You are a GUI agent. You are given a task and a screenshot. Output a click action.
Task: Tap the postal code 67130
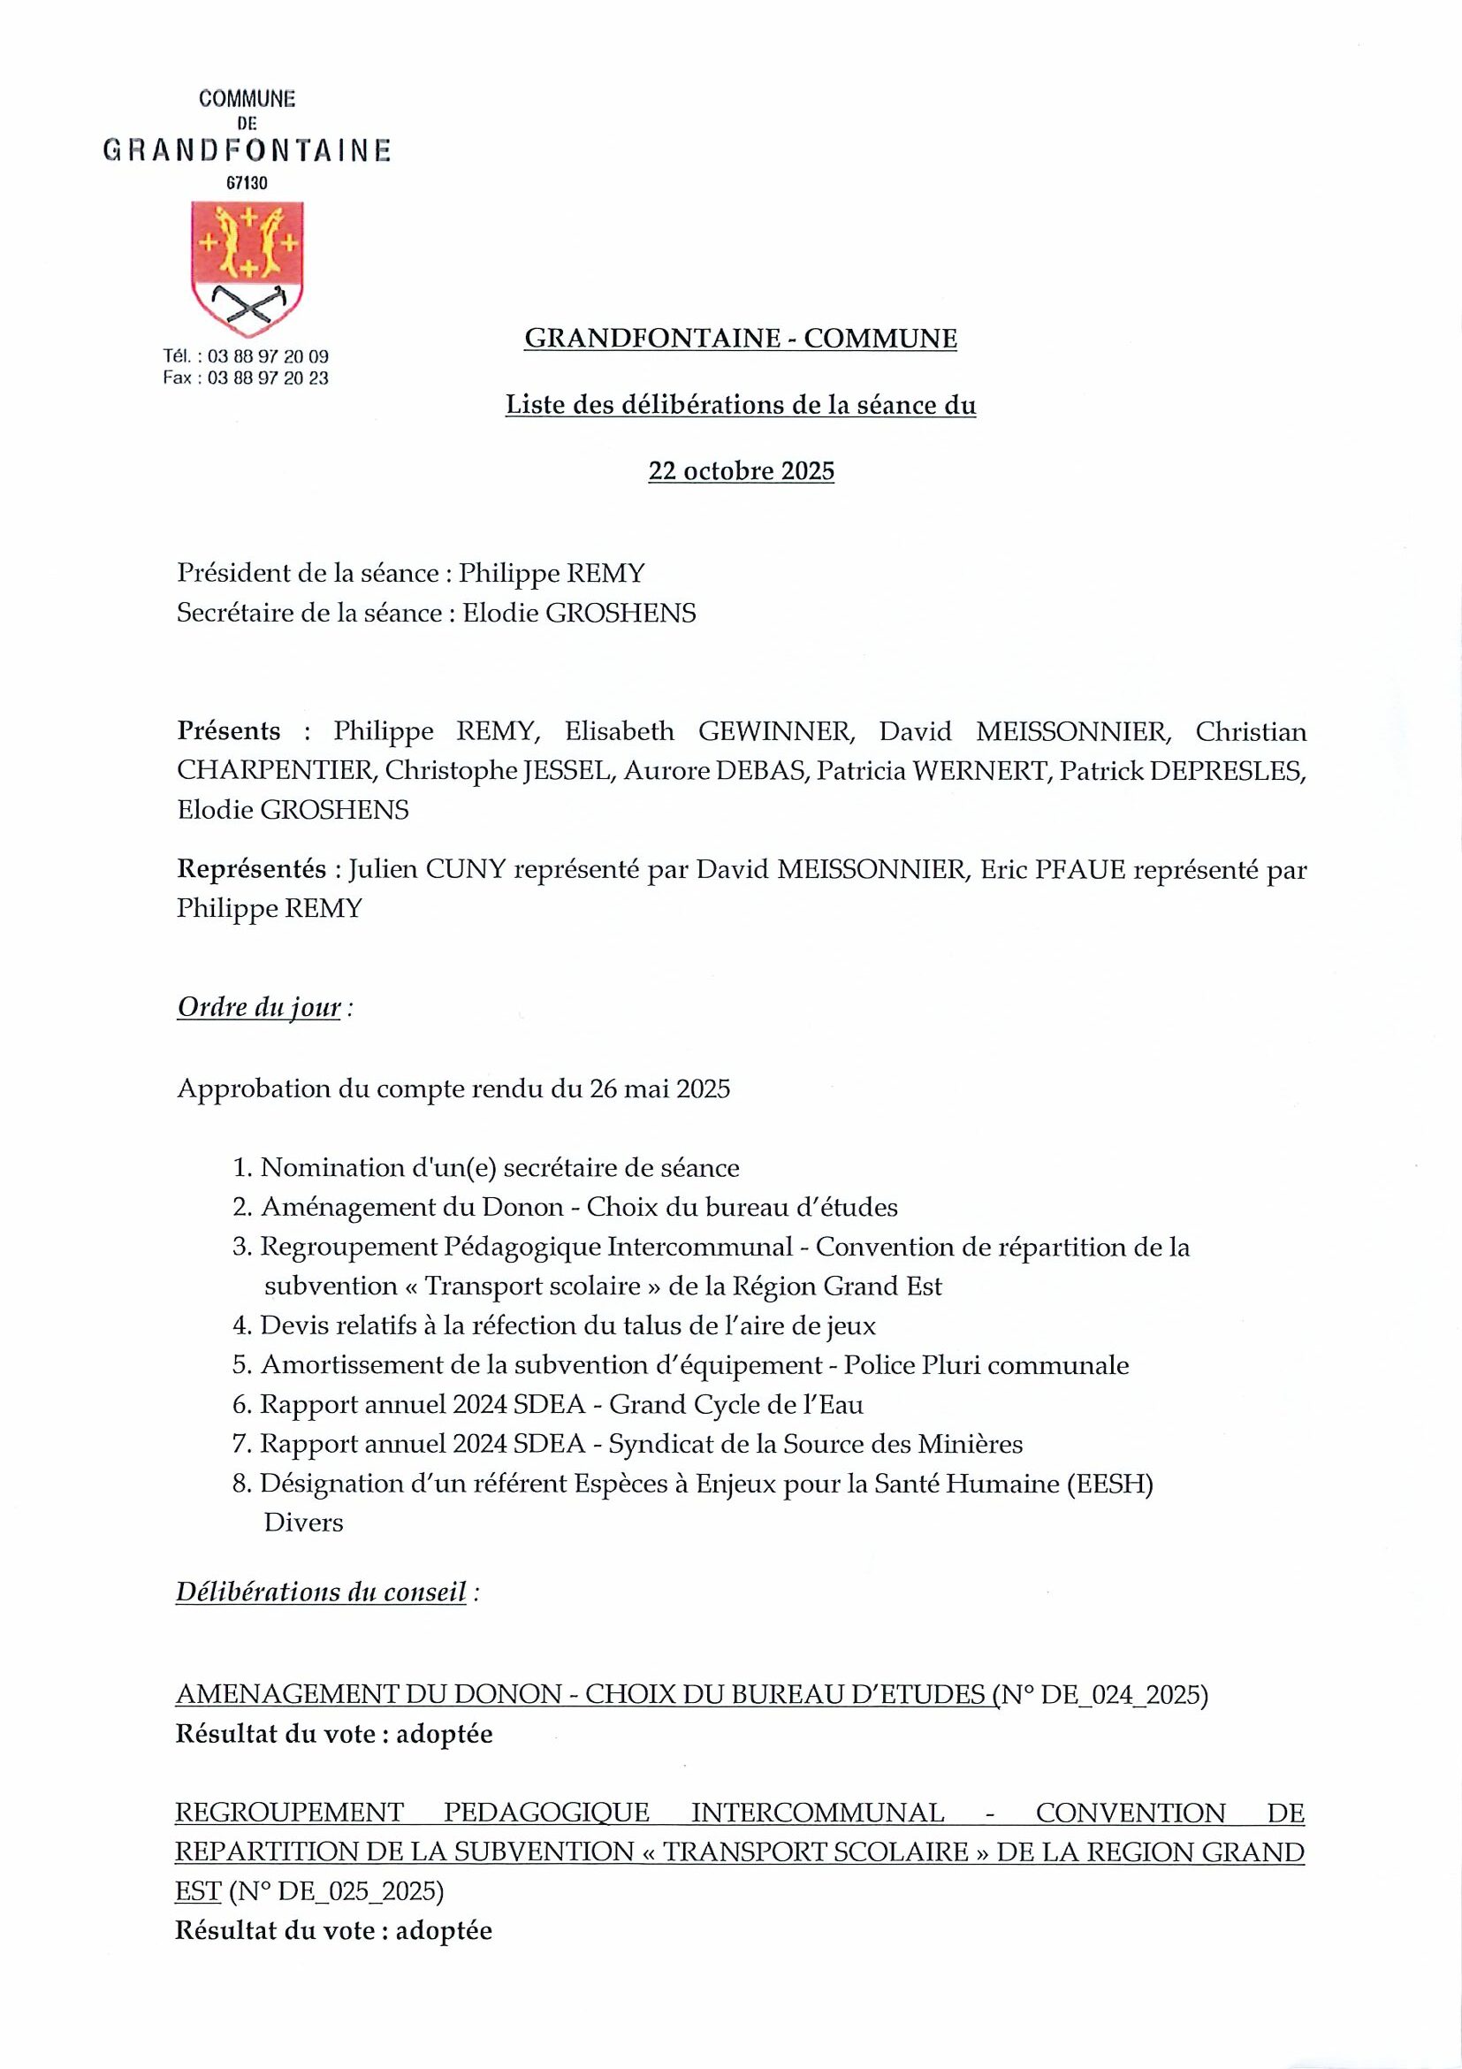click(x=247, y=183)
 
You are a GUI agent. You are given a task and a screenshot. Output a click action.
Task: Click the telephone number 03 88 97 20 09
click(x=268, y=357)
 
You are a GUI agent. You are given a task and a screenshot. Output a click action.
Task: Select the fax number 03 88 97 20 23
click(x=268, y=378)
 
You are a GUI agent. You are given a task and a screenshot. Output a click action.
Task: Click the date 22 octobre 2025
click(x=741, y=471)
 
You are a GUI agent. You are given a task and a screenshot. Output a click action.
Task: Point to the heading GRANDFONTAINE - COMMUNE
click(x=741, y=339)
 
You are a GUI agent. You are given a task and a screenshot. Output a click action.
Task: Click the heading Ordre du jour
click(x=260, y=1006)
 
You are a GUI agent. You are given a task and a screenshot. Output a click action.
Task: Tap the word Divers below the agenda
click(x=303, y=1523)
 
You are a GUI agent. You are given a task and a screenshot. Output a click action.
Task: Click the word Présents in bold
click(x=229, y=731)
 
